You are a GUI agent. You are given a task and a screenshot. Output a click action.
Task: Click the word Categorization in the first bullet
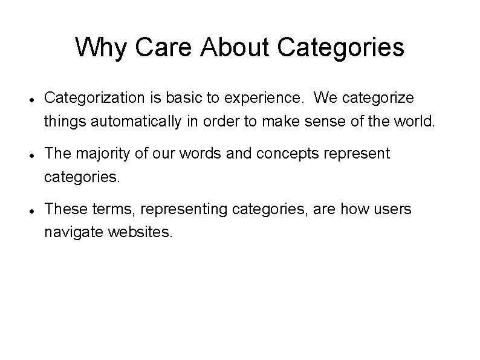click(x=95, y=97)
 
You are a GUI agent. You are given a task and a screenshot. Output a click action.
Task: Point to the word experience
click(x=274, y=97)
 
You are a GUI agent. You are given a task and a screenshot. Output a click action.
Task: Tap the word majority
click(x=103, y=154)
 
